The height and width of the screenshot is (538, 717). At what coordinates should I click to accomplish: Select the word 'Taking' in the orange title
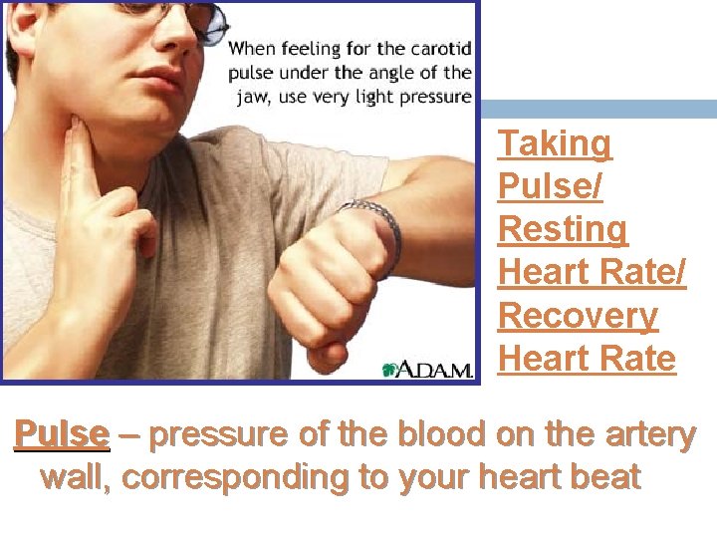click(555, 143)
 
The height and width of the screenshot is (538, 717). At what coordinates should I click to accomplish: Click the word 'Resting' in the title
click(563, 229)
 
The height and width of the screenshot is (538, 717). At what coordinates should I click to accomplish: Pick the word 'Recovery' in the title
click(578, 315)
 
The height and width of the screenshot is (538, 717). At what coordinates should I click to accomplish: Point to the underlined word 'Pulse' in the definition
click(61, 434)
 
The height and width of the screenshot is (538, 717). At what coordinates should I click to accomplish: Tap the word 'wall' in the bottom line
click(77, 477)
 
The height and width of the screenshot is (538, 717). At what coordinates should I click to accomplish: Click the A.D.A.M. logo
click(436, 370)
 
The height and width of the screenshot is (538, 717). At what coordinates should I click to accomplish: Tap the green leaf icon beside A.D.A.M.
click(391, 369)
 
